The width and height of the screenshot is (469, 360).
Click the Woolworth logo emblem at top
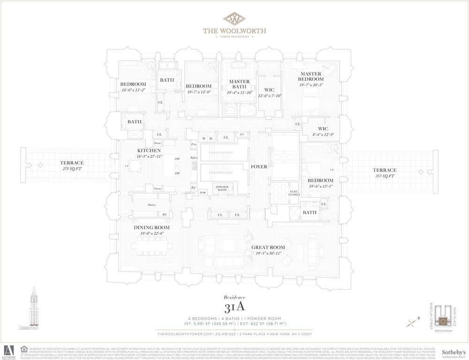tap(234, 19)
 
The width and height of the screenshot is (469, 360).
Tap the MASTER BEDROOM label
tap(310, 77)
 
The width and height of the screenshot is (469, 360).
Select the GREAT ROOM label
tap(268, 247)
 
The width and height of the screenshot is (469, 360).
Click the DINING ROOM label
tap(151, 227)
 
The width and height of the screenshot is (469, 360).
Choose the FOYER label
tap(259, 166)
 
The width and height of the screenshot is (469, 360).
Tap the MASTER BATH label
tap(239, 84)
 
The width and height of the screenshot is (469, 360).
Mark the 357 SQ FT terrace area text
tap(384, 176)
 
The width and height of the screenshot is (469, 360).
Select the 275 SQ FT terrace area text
tap(71, 169)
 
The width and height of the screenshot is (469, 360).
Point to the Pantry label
tap(151, 205)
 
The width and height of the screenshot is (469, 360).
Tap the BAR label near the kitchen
tap(203, 192)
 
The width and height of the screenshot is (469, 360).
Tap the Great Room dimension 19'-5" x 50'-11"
tap(268, 253)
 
